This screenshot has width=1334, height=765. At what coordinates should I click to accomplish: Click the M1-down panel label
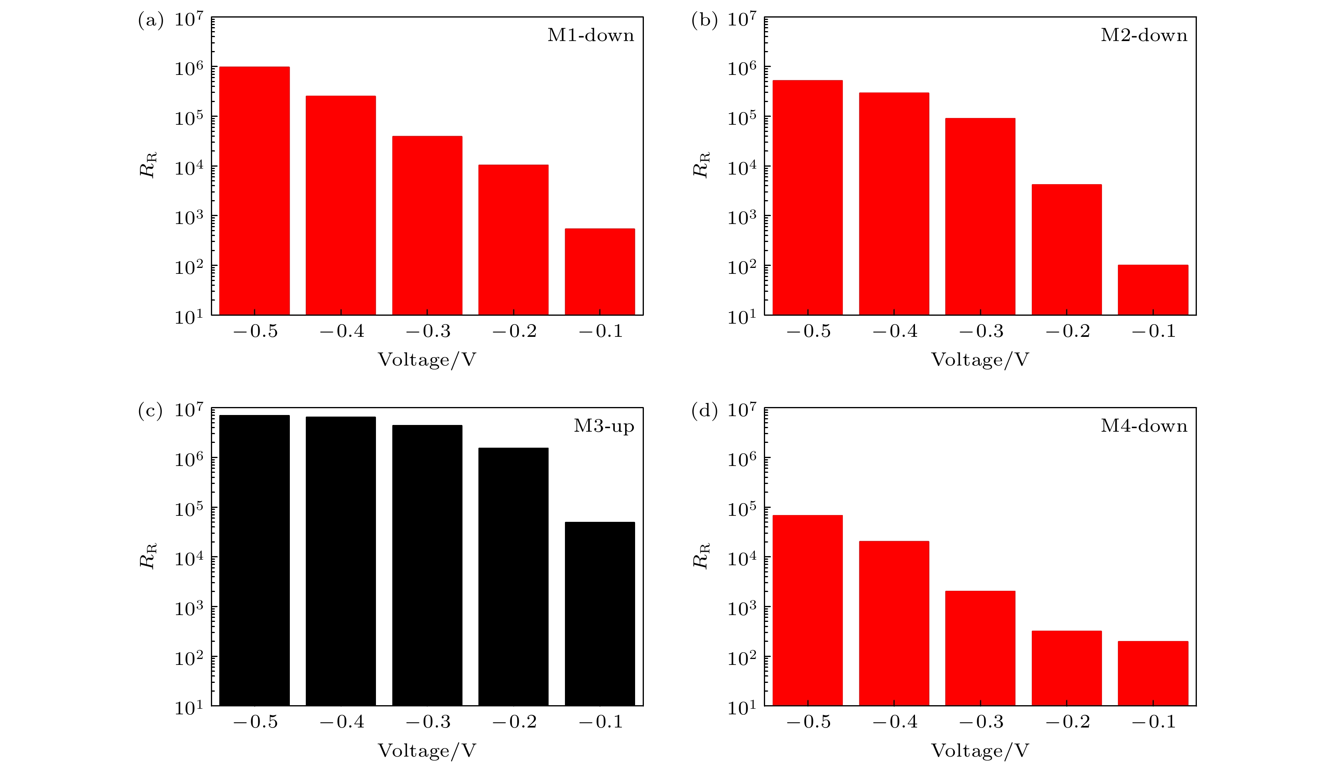(x=590, y=35)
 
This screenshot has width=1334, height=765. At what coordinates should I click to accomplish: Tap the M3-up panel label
(x=604, y=426)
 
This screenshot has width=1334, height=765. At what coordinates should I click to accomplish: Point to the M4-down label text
(x=1144, y=426)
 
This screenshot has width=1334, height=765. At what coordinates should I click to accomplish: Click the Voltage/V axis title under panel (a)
(x=427, y=360)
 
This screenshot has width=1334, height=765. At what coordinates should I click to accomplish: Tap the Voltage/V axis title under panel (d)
(x=980, y=750)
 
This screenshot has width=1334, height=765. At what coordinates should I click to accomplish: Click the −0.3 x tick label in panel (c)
(x=428, y=722)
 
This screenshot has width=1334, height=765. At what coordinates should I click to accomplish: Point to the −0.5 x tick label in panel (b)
(x=808, y=332)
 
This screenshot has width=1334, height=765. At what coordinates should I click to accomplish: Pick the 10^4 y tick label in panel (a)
(x=188, y=167)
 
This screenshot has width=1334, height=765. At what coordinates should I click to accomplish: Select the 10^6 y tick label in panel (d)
(x=741, y=459)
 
